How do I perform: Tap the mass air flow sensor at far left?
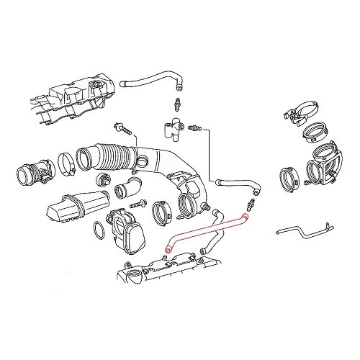tap(33, 175)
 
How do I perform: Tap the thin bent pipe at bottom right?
tap(302, 234)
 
